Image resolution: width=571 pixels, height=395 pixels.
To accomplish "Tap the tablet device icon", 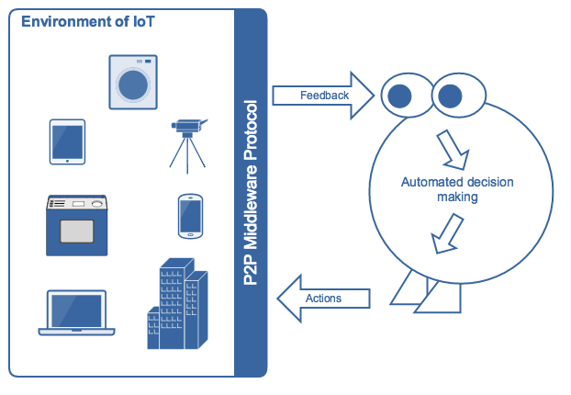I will tap(67, 142).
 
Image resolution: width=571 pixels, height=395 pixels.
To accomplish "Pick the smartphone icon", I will tap(189, 217).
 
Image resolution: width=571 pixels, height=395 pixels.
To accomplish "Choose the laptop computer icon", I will tap(76, 313).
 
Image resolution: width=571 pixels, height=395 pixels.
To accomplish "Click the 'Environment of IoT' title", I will tap(76, 21).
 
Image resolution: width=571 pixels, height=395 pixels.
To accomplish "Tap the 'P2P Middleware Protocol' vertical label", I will tap(251, 193).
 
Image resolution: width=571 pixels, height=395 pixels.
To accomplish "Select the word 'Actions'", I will tap(324, 298).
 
